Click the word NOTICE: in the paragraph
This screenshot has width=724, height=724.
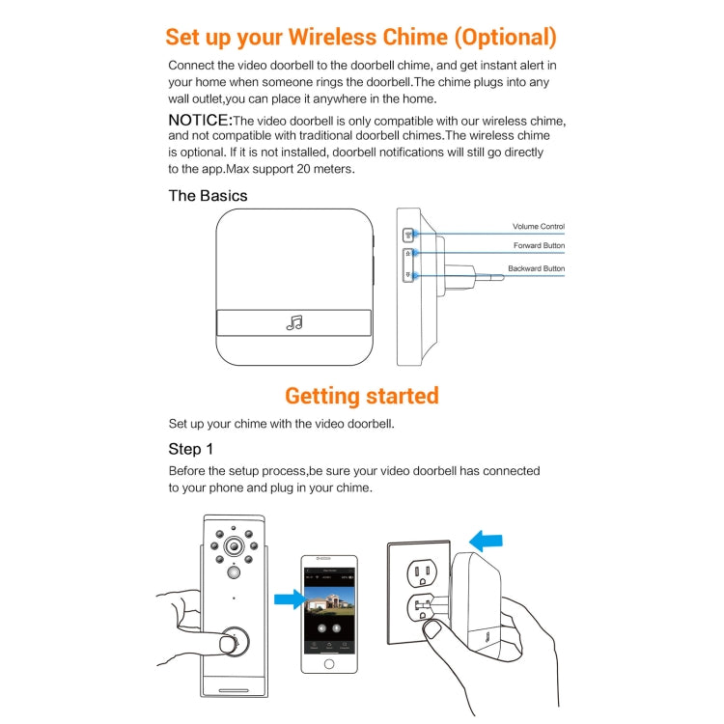pos(201,120)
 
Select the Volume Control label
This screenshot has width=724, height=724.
pos(539,227)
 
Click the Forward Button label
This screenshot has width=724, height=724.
pos(540,246)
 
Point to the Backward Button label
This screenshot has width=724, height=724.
pos(537,268)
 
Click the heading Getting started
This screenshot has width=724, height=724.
pos(362,396)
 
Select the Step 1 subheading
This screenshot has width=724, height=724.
pos(191,449)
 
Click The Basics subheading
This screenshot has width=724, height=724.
pos(208,196)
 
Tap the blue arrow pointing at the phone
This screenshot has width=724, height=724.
pos(287,600)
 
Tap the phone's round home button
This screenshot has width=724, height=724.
pos(328,664)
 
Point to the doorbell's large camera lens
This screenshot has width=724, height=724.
pos(234,547)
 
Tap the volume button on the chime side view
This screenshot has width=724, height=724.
pos(407,234)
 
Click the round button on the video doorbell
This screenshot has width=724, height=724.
pos(231,644)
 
